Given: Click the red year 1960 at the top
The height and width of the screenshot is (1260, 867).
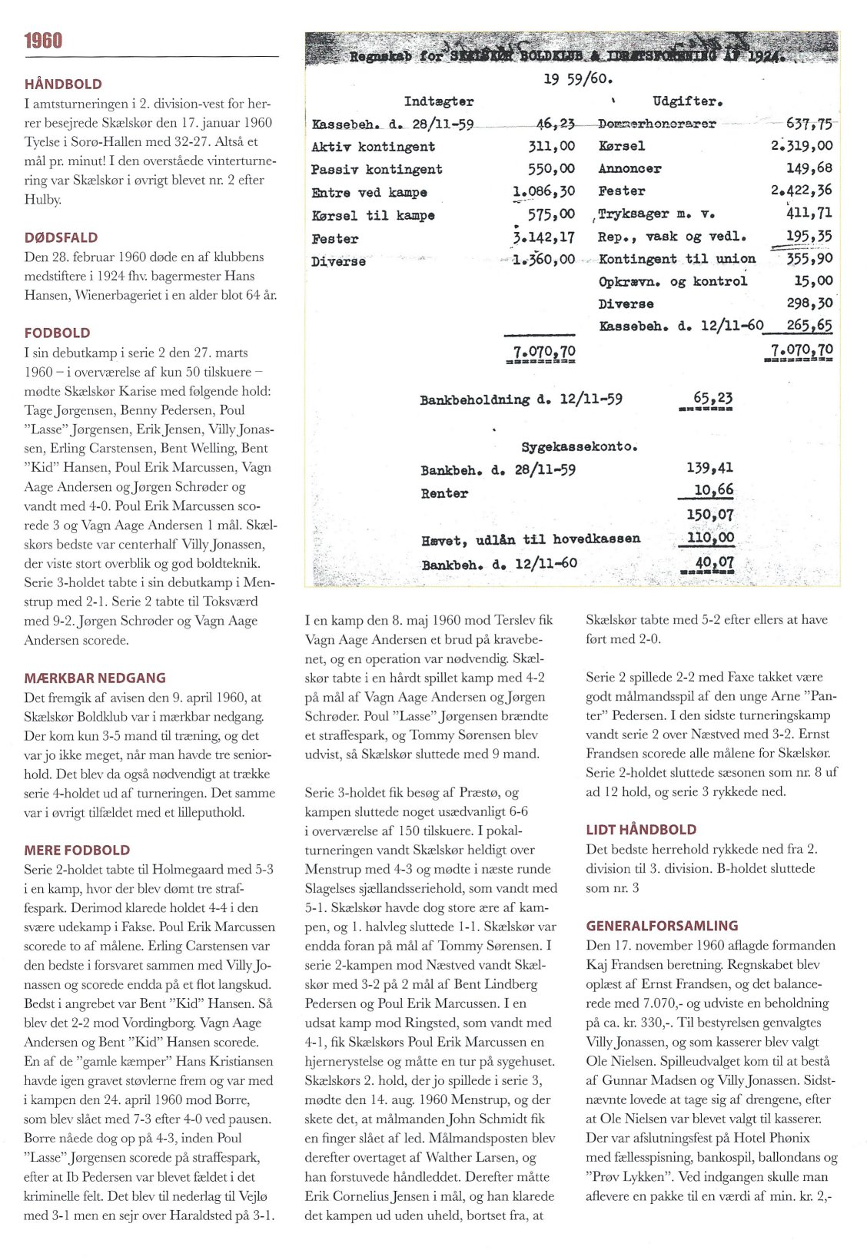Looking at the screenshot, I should [x=43, y=41].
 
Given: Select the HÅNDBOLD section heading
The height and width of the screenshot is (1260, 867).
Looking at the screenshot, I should [x=63, y=84].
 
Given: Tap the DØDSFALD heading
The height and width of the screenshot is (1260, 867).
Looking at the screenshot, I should [x=61, y=237].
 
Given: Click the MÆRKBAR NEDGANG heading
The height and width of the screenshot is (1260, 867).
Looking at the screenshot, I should [x=95, y=678].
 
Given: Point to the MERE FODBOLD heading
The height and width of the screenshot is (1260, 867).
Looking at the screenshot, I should [x=77, y=850].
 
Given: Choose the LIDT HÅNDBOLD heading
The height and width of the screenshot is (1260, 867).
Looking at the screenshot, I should [x=641, y=829].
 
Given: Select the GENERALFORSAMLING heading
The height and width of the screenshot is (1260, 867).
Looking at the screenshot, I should [x=662, y=926].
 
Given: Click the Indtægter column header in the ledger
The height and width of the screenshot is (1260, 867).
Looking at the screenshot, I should [x=439, y=101].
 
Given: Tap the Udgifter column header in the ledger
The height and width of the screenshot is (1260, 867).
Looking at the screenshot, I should [x=687, y=101].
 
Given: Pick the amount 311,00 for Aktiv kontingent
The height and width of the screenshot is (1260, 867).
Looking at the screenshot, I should [x=551, y=146].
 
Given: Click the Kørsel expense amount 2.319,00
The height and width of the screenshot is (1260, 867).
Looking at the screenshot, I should [x=801, y=145].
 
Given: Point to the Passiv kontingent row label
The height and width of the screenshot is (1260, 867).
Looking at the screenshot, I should [x=377, y=169].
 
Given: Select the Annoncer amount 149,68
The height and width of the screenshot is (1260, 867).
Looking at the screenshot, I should [x=809, y=167].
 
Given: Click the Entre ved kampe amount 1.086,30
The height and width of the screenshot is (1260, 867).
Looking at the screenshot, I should [x=543, y=192].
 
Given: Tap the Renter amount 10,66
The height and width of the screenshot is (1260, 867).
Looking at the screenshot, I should [x=713, y=490].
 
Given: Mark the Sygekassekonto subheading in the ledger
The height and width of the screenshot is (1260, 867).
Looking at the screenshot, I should [x=580, y=446].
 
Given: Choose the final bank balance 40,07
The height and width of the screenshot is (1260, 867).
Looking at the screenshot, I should [x=713, y=562].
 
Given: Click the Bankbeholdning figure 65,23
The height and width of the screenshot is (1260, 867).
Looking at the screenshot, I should [x=713, y=398].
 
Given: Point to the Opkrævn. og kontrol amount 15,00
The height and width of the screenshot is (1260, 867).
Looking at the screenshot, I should [x=813, y=280].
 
